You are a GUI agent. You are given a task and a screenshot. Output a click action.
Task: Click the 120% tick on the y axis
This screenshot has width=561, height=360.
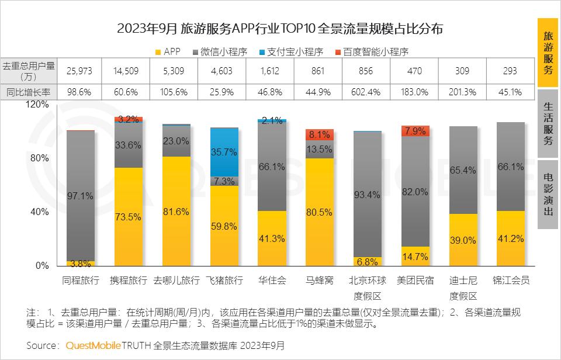(x=36, y=104)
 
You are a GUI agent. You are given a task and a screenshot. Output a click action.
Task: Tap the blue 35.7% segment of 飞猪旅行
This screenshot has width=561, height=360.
(x=224, y=152)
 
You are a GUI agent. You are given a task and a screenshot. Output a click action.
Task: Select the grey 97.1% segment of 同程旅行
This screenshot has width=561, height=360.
(x=80, y=196)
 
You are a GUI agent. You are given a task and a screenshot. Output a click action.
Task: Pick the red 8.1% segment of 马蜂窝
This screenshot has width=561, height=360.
(x=320, y=134)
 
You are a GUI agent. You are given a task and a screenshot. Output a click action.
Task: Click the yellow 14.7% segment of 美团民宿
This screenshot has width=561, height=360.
(x=415, y=256)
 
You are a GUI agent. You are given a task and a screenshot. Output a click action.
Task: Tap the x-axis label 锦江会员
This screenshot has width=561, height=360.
(x=511, y=281)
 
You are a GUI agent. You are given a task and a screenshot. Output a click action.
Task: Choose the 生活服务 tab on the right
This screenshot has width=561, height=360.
(x=548, y=124)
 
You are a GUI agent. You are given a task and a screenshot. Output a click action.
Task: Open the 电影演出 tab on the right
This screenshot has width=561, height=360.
(x=548, y=194)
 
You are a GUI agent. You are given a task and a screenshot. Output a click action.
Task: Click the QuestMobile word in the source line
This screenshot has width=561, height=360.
(x=93, y=345)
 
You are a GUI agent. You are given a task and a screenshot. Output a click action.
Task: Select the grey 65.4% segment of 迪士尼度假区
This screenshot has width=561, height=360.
(x=463, y=170)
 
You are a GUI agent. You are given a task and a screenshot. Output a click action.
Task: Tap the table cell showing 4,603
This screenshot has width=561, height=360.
(x=224, y=71)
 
